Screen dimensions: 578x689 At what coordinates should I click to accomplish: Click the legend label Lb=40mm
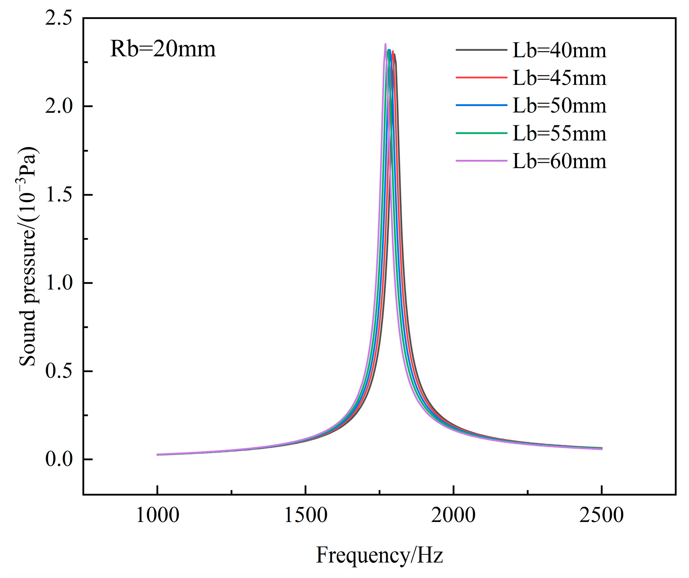click(559, 50)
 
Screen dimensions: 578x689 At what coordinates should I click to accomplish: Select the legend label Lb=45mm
click(559, 78)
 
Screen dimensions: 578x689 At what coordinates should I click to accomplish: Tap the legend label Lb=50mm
click(559, 106)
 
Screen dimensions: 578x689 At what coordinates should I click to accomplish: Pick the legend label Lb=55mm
click(559, 134)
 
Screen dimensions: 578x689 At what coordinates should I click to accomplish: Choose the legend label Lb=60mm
click(559, 161)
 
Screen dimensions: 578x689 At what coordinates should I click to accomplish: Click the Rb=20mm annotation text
click(163, 49)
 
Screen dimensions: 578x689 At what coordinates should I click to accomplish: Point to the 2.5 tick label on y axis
click(59, 18)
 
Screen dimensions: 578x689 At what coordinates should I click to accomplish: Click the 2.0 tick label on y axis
click(59, 106)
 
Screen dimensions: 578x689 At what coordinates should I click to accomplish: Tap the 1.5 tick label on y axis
click(59, 195)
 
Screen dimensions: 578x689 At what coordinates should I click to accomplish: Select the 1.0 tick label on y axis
click(59, 283)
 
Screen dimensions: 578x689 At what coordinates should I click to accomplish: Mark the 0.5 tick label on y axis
click(59, 371)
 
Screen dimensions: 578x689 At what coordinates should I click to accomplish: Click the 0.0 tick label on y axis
click(59, 459)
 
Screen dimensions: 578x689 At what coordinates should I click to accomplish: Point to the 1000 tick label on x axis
click(157, 516)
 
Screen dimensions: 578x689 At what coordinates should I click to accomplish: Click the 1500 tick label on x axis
click(305, 516)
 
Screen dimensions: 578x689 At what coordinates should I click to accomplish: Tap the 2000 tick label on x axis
click(453, 516)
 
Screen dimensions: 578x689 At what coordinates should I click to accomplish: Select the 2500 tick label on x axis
click(602, 516)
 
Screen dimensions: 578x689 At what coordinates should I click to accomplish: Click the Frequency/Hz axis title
click(379, 556)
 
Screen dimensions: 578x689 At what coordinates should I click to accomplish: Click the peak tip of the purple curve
click(385, 44)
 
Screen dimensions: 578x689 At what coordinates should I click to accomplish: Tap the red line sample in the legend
click(481, 77)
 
